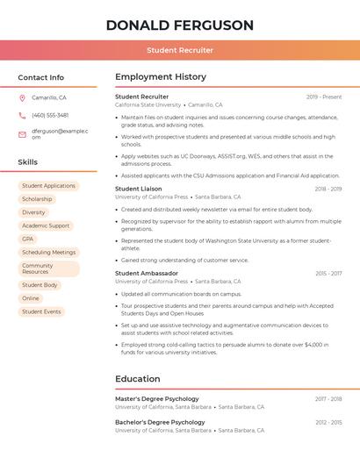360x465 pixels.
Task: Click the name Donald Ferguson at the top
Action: [x=179, y=25]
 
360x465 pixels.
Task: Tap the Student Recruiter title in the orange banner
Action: [x=179, y=50]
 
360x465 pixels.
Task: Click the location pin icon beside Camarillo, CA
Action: [x=22, y=97]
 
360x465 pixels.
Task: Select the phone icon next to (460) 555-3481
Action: [x=22, y=115]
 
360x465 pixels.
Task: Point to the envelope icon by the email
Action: [x=22, y=134]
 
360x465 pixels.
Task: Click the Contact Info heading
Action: [x=40, y=77]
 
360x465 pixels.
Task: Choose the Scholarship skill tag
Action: [x=37, y=199]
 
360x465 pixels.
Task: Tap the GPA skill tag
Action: [x=28, y=239]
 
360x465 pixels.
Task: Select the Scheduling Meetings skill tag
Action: [x=48, y=252]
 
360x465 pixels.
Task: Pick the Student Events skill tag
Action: [x=41, y=311]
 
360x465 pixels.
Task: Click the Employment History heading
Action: [x=161, y=77]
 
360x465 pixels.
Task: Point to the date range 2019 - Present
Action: [x=324, y=97]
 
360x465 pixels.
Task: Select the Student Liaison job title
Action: [x=139, y=189]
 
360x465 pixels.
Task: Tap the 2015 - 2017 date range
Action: [x=328, y=274]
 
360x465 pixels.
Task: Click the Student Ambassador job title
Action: [x=146, y=273]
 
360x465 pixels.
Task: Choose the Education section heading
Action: [x=137, y=379]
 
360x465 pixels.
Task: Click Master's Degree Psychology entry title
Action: [x=157, y=398]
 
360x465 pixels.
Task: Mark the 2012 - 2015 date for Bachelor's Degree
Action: [x=328, y=422]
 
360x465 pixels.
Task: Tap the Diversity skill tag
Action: [x=33, y=212]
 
